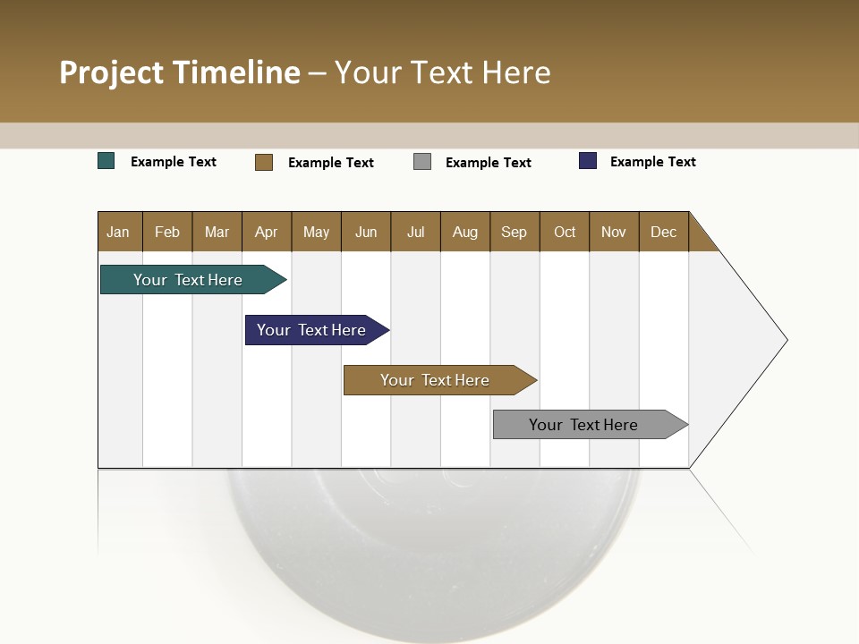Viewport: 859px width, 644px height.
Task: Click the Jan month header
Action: (x=119, y=232)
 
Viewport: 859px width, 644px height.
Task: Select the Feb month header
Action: (x=167, y=232)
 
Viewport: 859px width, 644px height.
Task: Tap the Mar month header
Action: (x=217, y=232)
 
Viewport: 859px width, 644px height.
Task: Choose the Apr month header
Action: (x=267, y=232)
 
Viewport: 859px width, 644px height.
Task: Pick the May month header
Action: (x=316, y=232)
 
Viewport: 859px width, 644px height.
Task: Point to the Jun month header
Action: (x=366, y=232)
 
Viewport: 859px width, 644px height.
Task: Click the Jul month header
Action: (x=415, y=232)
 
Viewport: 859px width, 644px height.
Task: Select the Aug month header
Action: (x=465, y=232)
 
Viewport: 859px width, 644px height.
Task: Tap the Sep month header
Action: (x=515, y=232)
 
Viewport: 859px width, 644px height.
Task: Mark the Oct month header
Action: (x=565, y=232)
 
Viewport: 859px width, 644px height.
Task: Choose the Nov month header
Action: (x=614, y=232)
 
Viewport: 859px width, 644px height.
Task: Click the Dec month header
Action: (x=664, y=232)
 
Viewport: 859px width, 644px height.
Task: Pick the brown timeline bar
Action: (x=436, y=380)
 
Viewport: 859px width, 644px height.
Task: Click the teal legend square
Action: (x=106, y=161)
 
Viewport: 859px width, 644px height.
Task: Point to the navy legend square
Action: (x=588, y=161)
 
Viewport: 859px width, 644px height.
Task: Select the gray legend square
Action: (x=422, y=162)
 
